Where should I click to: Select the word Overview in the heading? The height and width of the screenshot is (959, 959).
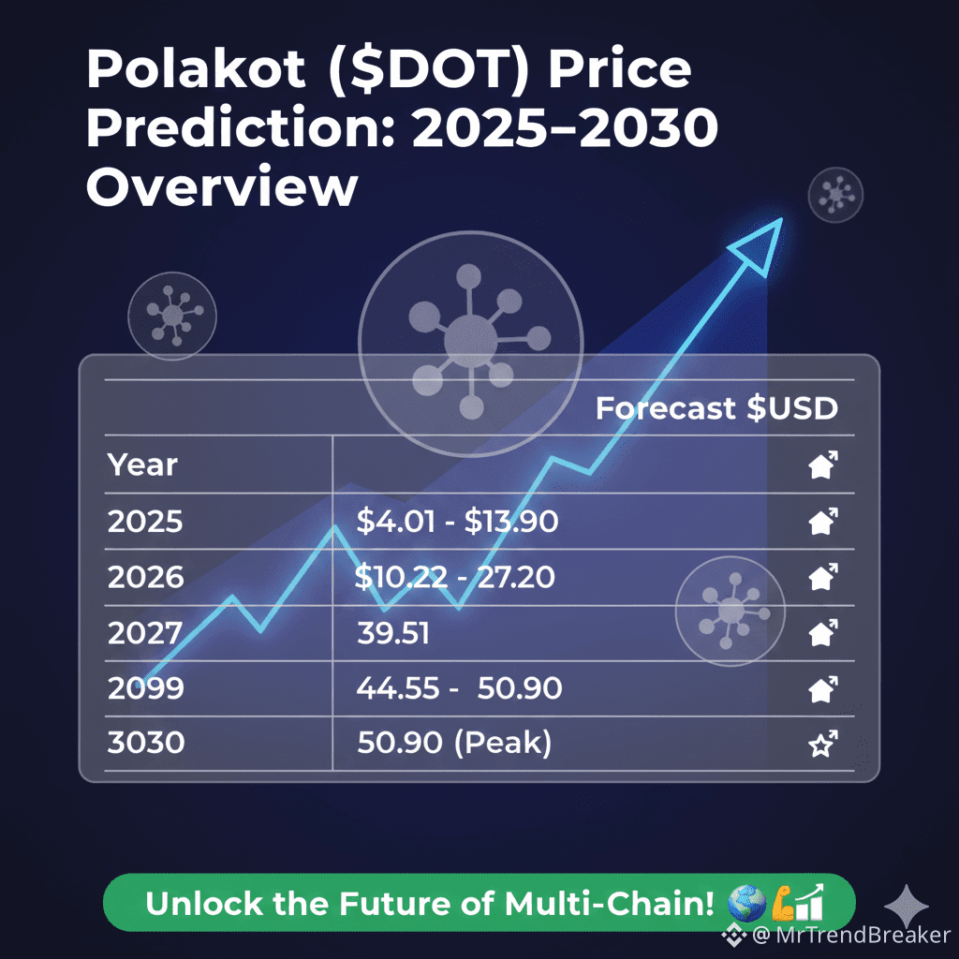(222, 186)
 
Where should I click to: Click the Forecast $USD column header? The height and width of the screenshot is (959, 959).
(716, 408)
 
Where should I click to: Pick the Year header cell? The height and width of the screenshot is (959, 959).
(142, 465)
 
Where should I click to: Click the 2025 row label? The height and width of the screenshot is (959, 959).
(145, 521)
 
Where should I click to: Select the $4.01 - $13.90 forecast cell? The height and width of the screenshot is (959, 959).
(457, 521)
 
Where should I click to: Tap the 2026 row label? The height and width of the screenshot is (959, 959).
(145, 577)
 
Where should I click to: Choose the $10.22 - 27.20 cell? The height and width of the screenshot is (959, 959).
(455, 577)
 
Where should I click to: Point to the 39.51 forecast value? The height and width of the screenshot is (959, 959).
(393, 633)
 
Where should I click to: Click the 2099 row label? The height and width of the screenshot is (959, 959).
(145, 689)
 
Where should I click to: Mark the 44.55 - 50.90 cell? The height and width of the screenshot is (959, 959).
(459, 689)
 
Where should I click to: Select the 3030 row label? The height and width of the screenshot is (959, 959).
(145, 744)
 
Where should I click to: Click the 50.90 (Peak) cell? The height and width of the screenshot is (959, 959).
(454, 744)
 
